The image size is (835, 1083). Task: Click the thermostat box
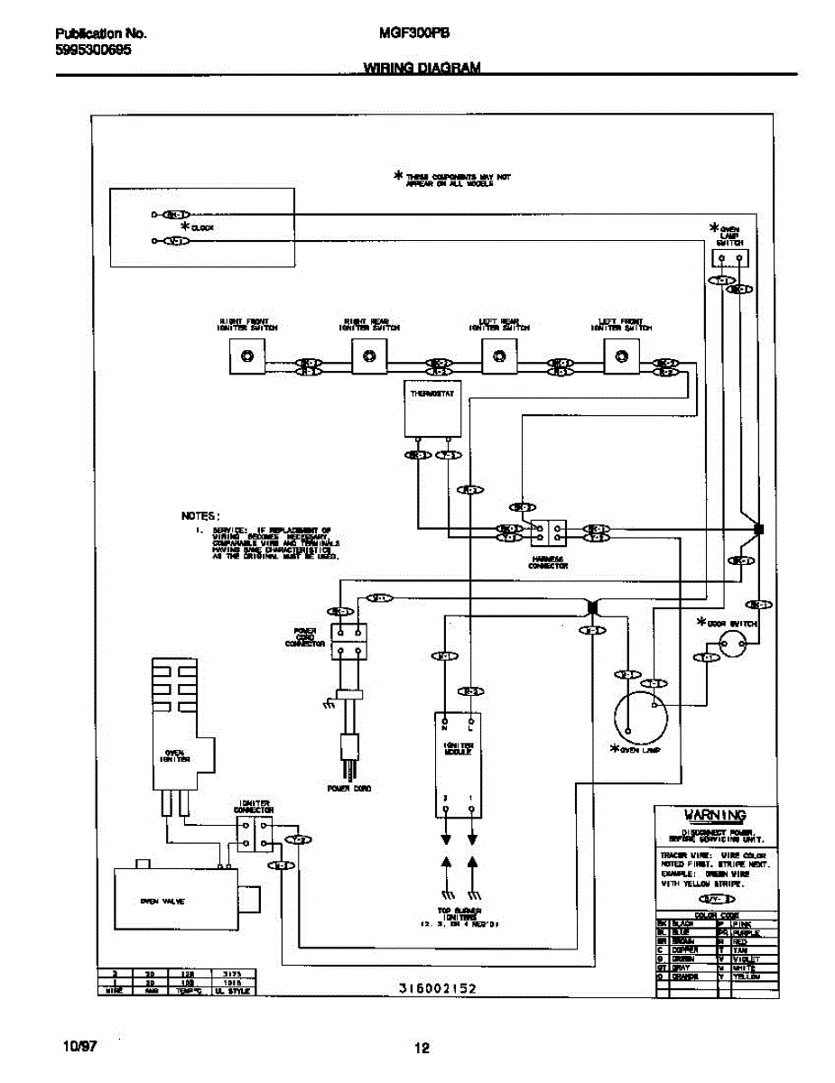click(x=432, y=412)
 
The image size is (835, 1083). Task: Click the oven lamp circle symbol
click(x=640, y=717)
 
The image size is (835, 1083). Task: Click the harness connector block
click(x=548, y=532)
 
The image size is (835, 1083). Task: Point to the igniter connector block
click(x=254, y=835)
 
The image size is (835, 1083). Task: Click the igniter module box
click(x=459, y=764)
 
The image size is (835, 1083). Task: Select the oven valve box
click(x=174, y=901)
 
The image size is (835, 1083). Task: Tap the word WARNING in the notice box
click(x=715, y=815)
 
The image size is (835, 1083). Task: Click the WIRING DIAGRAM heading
click(x=422, y=68)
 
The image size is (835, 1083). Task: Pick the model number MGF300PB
click(x=422, y=33)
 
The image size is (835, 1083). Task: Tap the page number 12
click(x=422, y=1048)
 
